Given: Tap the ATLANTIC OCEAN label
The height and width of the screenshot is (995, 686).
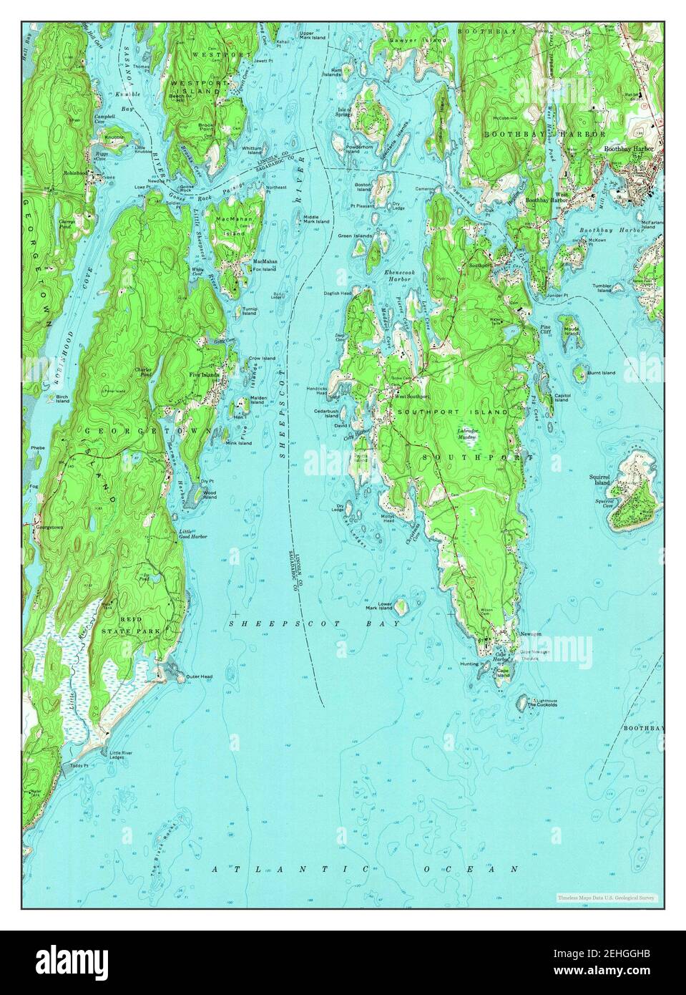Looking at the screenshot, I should pos(365,869).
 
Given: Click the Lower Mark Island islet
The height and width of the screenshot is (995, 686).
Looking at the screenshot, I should pos(402,608).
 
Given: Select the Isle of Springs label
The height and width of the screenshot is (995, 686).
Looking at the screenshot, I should pos(346,112).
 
